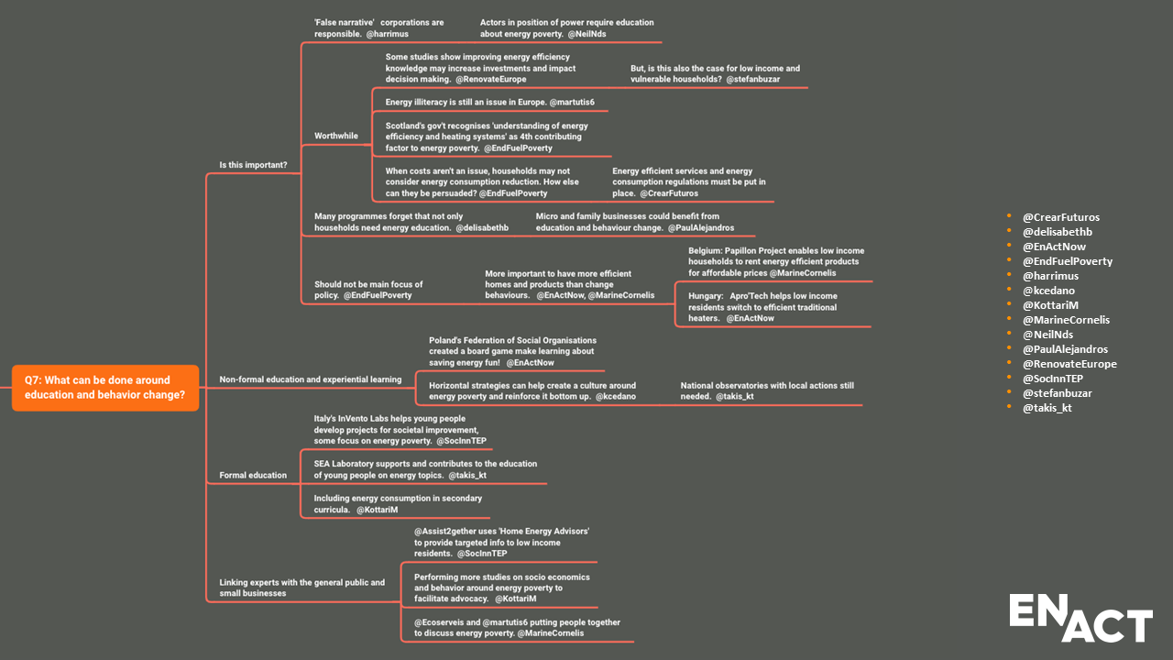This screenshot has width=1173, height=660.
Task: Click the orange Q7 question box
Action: coord(104,388)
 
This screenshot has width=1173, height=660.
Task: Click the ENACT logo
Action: coord(1080,618)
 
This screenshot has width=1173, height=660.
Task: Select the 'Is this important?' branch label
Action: coord(253,165)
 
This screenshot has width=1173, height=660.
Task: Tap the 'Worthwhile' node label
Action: coord(336,136)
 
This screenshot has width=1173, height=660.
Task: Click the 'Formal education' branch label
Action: coord(253,475)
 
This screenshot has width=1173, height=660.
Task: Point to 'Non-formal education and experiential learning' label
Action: coord(310,379)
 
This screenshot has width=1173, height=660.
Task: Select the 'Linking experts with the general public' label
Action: coord(301,588)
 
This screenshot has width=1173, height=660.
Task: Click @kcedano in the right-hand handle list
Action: coord(1048,291)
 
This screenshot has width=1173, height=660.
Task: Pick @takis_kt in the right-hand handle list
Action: coord(1047,408)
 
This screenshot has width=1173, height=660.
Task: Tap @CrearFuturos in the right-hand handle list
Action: coord(1060,217)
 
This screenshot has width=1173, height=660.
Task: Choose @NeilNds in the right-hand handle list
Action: coord(1048,335)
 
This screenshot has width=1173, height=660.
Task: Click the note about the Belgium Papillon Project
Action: coord(776,261)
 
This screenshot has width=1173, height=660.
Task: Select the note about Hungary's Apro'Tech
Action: coord(762,307)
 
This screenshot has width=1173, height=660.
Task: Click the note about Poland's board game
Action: coord(512,351)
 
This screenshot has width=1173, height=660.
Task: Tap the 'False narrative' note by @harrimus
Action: coord(378,27)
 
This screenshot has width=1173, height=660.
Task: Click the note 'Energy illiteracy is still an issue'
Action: coord(490,103)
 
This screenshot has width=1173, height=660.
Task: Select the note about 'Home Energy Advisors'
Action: coord(500,542)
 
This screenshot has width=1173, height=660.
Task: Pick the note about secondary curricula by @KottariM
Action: coord(397,503)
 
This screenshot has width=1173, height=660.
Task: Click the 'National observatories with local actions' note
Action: coord(767,390)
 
